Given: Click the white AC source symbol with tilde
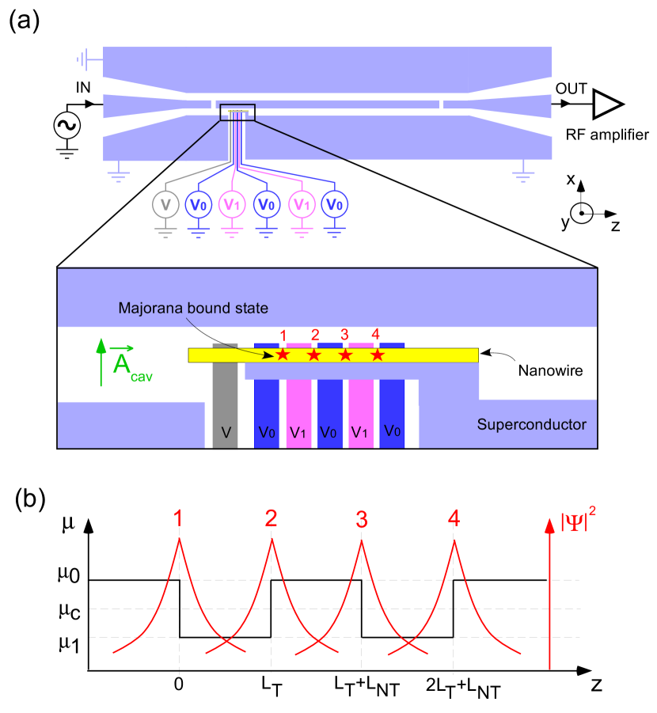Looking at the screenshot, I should (67, 125).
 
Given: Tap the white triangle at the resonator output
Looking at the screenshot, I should (606, 104).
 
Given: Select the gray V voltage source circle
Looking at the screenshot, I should (165, 205).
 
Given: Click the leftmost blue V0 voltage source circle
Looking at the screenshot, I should (198, 205).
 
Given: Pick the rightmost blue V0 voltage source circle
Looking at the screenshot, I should (335, 205).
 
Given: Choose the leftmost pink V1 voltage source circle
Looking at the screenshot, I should (232, 205).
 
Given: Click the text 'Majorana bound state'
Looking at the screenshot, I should (193, 308).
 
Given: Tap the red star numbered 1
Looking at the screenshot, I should (283, 355).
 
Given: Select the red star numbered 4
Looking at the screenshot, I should (378, 355).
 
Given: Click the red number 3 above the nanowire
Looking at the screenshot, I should (344, 335).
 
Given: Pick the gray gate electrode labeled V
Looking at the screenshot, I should (225, 396).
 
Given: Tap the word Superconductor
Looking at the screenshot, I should (531, 425).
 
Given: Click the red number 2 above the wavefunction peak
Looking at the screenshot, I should (271, 519).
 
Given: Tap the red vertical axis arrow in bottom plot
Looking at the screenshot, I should (550, 594).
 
